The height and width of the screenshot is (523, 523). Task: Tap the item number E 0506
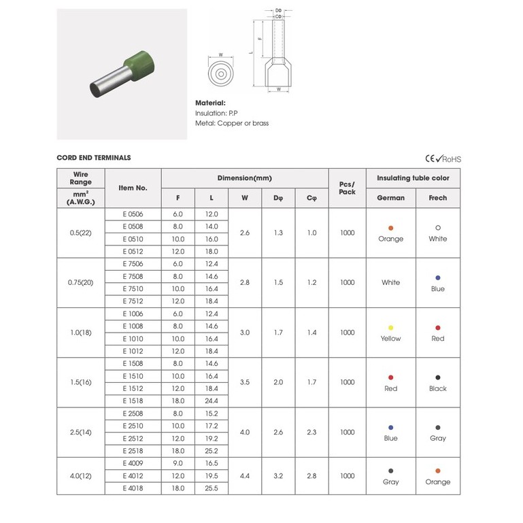pos(133,214)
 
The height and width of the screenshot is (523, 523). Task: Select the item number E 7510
pos(133,289)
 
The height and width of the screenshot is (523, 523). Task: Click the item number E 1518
pos(133,401)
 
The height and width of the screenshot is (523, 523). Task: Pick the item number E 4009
pos(133,463)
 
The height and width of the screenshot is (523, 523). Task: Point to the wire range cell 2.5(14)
pos(81,433)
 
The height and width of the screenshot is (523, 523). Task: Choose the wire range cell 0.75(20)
pos(81,282)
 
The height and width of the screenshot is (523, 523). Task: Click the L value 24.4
pos(212,401)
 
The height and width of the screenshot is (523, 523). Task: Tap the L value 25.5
pos(212,488)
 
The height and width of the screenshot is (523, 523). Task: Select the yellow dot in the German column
pos(390,328)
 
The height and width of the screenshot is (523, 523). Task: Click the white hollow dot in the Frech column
pos(438,227)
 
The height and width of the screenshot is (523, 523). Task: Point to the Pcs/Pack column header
pos(347,188)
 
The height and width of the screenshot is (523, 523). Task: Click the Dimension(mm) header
pos(244,178)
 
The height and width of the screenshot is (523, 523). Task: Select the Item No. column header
pos(133,188)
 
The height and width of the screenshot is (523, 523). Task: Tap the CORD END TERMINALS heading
pos(94,158)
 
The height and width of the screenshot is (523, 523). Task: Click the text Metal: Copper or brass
pos(232,123)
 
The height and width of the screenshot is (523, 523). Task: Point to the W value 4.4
pos(244,476)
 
